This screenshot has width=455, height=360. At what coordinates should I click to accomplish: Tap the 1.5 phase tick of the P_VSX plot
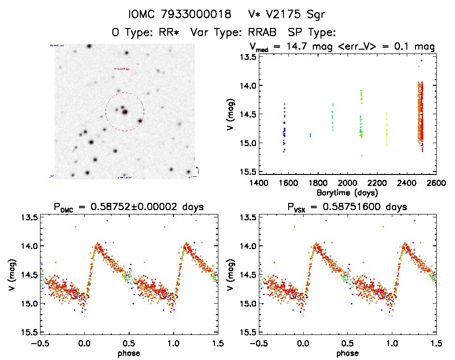pyautogui.click(x=436, y=343)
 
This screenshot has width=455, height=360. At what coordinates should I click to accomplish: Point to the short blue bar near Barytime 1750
pyautogui.click(x=310, y=135)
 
